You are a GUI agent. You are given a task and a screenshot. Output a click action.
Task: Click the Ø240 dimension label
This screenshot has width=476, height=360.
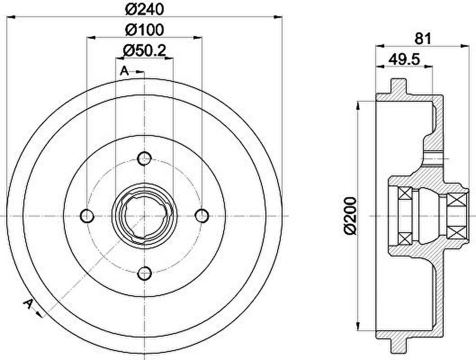click(x=145, y=10)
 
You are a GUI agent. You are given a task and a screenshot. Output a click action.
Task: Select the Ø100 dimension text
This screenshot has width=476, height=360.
click(x=145, y=30)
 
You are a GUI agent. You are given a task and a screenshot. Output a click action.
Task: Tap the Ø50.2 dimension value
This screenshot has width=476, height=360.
click(x=145, y=50)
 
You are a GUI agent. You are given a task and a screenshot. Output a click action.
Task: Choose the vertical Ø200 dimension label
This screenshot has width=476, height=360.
click(x=350, y=216)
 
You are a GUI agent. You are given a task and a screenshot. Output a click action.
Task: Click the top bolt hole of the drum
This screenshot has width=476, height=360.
click(x=145, y=158)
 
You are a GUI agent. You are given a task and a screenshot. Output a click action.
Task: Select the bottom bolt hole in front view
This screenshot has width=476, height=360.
click(x=145, y=273)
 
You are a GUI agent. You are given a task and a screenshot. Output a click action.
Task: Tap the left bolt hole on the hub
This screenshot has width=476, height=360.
click(x=87, y=216)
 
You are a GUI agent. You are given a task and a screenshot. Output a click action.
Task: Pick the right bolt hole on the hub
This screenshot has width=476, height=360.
click(x=202, y=216)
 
